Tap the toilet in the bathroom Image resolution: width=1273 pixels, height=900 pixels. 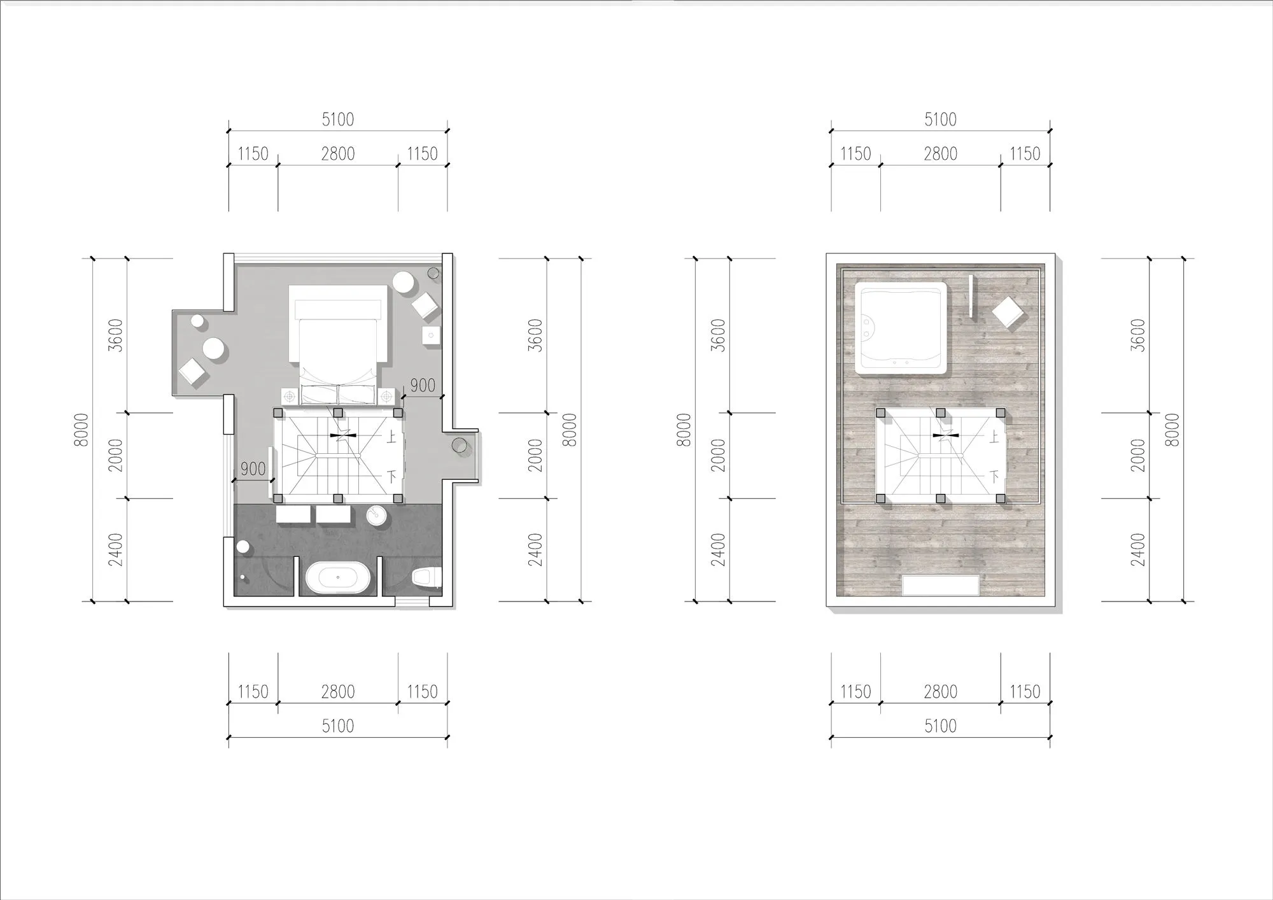pos(426,578)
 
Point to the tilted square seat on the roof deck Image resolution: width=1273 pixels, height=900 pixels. pos(1008,313)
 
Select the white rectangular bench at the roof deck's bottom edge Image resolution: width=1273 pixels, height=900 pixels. pos(941,585)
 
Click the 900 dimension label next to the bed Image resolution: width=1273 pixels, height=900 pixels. pos(423,386)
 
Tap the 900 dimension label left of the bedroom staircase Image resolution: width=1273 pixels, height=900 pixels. pos(253,469)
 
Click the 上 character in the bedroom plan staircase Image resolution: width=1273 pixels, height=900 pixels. pos(391,437)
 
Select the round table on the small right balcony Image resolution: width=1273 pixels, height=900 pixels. pos(460,445)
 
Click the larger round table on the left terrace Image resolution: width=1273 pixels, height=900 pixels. pos(213,349)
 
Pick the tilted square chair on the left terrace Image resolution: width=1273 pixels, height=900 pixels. pos(193,373)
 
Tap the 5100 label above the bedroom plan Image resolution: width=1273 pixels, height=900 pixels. pos(338,120)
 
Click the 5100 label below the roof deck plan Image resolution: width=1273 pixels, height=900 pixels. pos(940,726)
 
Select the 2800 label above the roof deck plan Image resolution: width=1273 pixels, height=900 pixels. pos(940,153)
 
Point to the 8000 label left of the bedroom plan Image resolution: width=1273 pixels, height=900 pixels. pos(81,430)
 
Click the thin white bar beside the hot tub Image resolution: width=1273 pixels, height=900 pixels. pos(971,297)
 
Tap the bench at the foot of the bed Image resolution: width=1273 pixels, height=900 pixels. pos(338,394)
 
